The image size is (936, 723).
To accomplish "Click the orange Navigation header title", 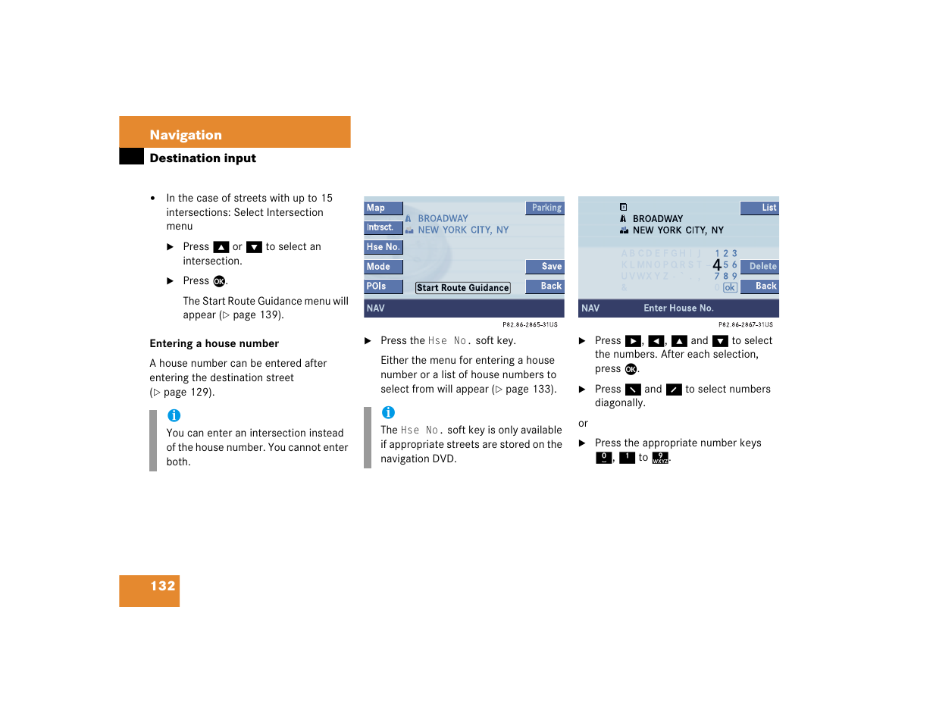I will tap(186, 135).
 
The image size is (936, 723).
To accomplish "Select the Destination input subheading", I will tap(202, 158).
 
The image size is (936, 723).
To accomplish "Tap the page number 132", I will tap(162, 586).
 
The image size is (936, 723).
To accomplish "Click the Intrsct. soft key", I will tap(382, 227).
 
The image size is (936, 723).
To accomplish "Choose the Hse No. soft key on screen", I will tap(383, 247).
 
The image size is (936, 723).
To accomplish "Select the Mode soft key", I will tap(382, 267).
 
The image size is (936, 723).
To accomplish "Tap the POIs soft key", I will tap(382, 286).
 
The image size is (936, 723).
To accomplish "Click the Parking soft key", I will tap(546, 208).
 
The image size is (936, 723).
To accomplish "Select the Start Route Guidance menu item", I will tap(462, 288).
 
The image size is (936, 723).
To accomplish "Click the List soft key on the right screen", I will tap(760, 208).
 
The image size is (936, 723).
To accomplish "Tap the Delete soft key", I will tap(760, 267).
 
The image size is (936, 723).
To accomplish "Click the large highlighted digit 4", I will tap(717, 265).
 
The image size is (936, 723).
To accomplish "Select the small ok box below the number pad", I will tap(730, 288).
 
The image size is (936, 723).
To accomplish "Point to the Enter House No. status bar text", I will tap(678, 308).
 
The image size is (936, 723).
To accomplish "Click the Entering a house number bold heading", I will tap(214, 343).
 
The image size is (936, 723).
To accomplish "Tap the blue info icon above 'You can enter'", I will tap(174, 415).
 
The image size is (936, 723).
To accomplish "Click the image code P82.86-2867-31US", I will tap(745, 324).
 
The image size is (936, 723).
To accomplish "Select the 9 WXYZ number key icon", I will tap(660, 458).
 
